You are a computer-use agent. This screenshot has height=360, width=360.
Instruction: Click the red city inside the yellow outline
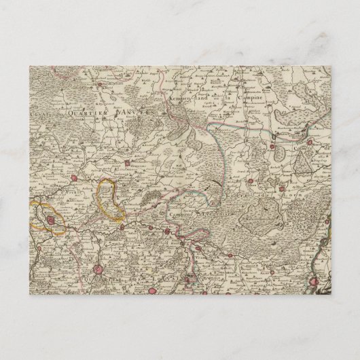coord(45,219)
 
